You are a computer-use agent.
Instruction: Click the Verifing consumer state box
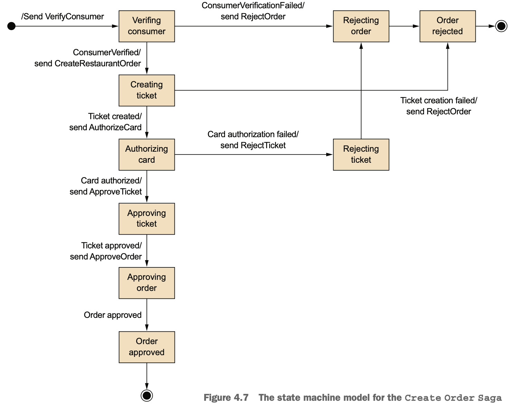pos(147,26)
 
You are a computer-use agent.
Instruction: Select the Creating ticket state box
pos(147,91)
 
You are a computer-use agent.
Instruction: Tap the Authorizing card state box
pos(147,154)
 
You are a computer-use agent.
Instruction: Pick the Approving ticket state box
pos(147,219)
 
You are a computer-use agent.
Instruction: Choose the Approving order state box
pos(147,283)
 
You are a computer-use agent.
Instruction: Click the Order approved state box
pos(147,347)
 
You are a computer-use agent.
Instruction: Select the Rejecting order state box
pos(361,26)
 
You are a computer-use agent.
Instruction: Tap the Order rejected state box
pos(447,26)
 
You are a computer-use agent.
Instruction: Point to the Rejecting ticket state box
pos(361,154)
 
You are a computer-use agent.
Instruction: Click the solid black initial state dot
pos(11,26)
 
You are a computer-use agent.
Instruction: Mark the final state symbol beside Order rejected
pos(501,26)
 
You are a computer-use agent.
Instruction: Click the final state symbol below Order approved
pos(147,396)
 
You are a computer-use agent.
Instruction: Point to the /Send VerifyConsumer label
pos(63,17)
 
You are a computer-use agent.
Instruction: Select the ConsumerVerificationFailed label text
pos(253,6)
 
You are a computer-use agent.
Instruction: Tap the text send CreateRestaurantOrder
pos(88,64)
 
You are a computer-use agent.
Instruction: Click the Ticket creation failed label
pos(439,101)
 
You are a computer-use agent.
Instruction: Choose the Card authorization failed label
pos(253,134)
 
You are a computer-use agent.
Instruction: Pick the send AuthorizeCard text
pos(105,127)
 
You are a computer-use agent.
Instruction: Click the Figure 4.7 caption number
pos(226,397)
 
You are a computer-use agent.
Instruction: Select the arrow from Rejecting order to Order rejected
pos(404,26)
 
